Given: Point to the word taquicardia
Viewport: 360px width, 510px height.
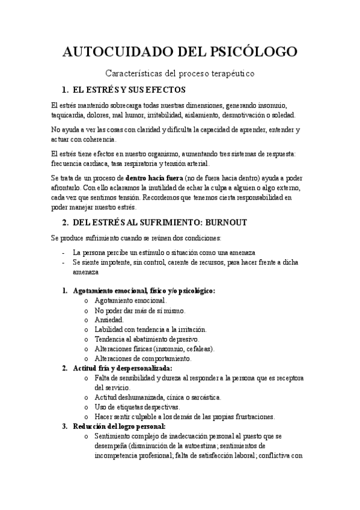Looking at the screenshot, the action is tap(67, 114).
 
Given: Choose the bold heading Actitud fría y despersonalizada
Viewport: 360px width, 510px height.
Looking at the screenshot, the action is tap(122, 368).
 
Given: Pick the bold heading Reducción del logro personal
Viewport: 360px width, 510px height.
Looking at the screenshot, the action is tap(115, 426).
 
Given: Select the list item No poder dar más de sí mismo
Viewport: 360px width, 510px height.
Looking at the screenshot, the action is tap(140, 310).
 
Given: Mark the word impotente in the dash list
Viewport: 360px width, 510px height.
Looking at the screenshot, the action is tap(112, 263).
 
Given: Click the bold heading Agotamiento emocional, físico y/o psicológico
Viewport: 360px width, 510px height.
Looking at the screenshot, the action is tap(144, 290).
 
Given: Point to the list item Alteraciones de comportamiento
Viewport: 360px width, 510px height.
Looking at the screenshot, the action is tap(143, 358).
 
